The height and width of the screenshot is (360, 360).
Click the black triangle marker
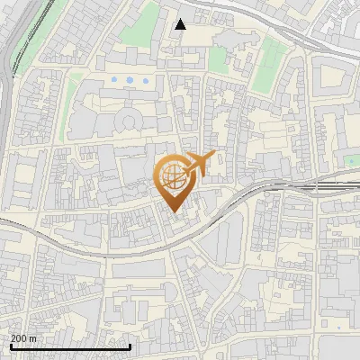181,24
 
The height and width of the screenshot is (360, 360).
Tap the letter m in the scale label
34,338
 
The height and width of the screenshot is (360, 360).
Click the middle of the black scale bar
70,346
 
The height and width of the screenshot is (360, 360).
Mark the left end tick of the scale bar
10,346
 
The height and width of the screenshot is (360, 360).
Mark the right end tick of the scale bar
130,346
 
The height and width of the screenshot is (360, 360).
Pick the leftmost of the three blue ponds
114,81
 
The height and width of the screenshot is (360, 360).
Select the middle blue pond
130,81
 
